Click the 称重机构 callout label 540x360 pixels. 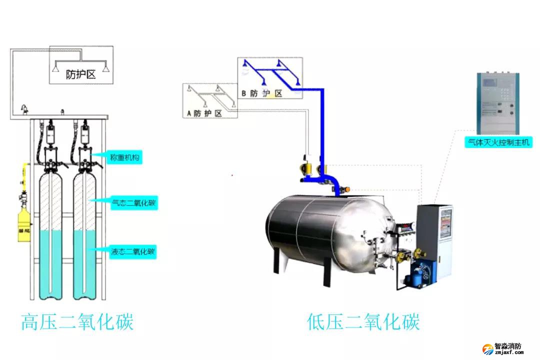pos(124,158)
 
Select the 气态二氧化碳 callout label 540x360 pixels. pos(132,202)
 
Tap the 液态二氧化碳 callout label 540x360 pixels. pos(132,251)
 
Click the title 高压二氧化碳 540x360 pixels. pos(77,321)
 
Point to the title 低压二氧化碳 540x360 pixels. pos(363,321)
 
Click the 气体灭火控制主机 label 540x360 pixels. pos(498,142)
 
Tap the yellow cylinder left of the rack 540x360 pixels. pos(24,228)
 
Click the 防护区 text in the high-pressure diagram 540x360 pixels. pos(81,75)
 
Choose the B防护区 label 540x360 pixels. pos(262,93)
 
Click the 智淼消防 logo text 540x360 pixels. pos(507,346)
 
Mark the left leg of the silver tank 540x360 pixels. pos(276,261)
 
